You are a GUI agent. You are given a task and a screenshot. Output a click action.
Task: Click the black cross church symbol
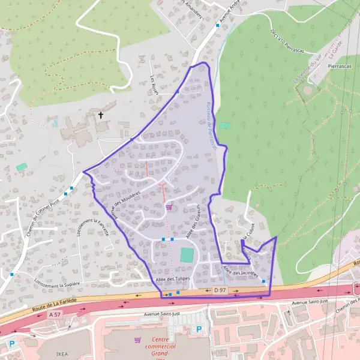tap(101, 115)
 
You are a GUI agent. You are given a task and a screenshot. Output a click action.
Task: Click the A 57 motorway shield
tap(55, 314)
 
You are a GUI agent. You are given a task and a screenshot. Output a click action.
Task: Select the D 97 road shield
tap(220, 290)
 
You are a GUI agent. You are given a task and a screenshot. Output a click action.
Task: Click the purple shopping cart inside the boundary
tap(169, 207)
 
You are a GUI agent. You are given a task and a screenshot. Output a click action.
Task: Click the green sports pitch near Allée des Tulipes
tap(187, 254)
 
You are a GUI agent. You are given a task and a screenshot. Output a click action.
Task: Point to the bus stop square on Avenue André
tap(217, 25)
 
